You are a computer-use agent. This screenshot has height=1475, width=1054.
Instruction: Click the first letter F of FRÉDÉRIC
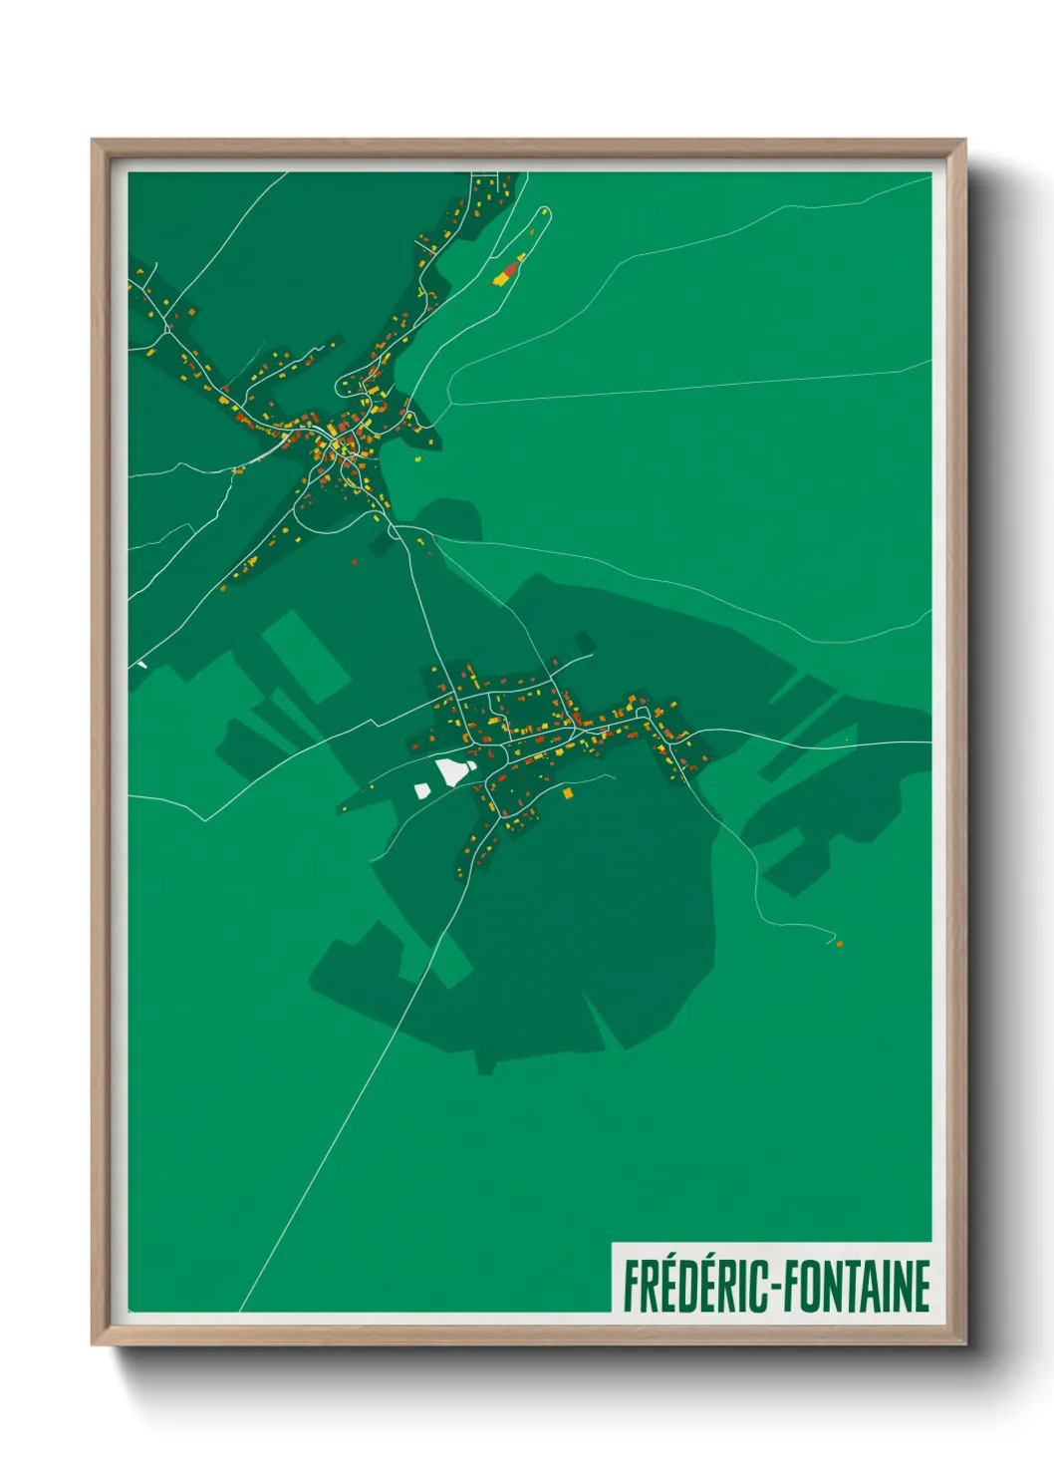[x=632, y=1286]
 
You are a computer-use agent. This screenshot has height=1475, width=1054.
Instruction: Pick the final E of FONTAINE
[x=922, y=1286]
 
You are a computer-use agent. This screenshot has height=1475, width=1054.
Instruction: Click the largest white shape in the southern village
[x=453, y=770]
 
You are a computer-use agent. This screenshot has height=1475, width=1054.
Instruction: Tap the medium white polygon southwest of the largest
[x=422, y=790]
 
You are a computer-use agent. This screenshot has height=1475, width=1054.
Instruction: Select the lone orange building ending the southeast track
[x=839, y=943]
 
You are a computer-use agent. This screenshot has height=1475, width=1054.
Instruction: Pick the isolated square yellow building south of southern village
[x=568, y=793]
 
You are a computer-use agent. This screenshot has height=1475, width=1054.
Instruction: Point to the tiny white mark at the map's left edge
[x=142, y=664]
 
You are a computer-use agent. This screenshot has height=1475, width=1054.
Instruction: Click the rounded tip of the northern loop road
[x=544, y=210]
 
